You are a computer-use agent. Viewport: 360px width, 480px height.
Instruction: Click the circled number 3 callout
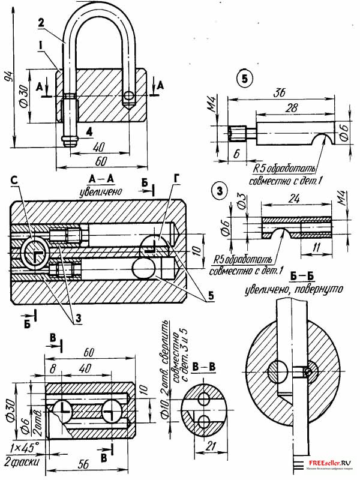(220, 191)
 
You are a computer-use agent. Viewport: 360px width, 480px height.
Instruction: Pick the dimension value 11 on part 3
(314, 247)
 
